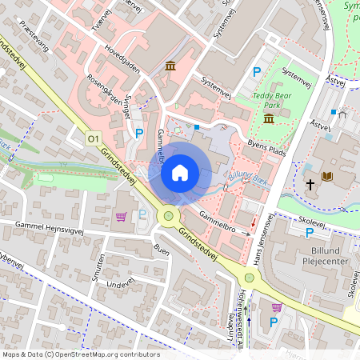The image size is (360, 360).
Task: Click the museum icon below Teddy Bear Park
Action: coord(268,118)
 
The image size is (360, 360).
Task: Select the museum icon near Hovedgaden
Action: coord(170,65)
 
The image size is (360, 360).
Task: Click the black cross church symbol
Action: coord(310,185)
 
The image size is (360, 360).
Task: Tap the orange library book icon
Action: coord(349,176)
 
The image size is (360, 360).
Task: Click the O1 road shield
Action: coord(93,138)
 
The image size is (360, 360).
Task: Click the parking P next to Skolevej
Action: coord(310,233)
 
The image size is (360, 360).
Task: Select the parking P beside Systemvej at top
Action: coord(257,72)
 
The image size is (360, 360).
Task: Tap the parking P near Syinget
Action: coord(139,133)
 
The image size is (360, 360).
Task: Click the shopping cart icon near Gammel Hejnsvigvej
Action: coord(121,216)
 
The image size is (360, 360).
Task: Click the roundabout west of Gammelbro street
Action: coord(168,215)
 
